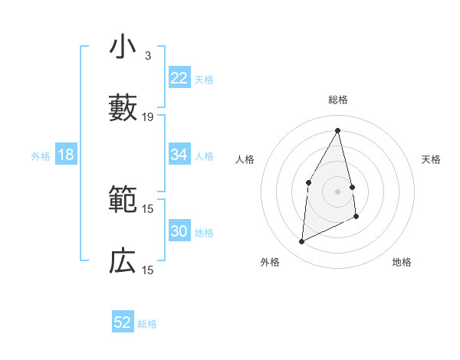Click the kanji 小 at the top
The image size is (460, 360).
click(123, 47)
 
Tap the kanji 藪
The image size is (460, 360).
click(123, 107)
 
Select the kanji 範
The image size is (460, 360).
click(123, 201)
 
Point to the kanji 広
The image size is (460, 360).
click(123, 261)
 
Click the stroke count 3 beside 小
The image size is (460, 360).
click(148, 56)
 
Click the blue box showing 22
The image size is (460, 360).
click(179, 78)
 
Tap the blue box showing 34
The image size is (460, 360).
click(179, 155)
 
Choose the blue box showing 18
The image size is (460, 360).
click(66, 155)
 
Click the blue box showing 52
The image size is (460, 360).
click(123, 322)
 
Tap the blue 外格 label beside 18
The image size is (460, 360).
click(41, 156)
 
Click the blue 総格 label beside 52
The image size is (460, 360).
click(147, 324)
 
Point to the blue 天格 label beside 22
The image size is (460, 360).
click(204, 80)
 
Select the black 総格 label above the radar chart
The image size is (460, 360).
click(338, 100)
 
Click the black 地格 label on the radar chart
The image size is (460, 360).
click(402, 262)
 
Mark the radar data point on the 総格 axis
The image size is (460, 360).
click(338, 129)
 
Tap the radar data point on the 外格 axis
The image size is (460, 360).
click(301, 242)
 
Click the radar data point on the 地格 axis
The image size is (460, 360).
click(356, 217)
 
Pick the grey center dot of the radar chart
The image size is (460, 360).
click(338, 191)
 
